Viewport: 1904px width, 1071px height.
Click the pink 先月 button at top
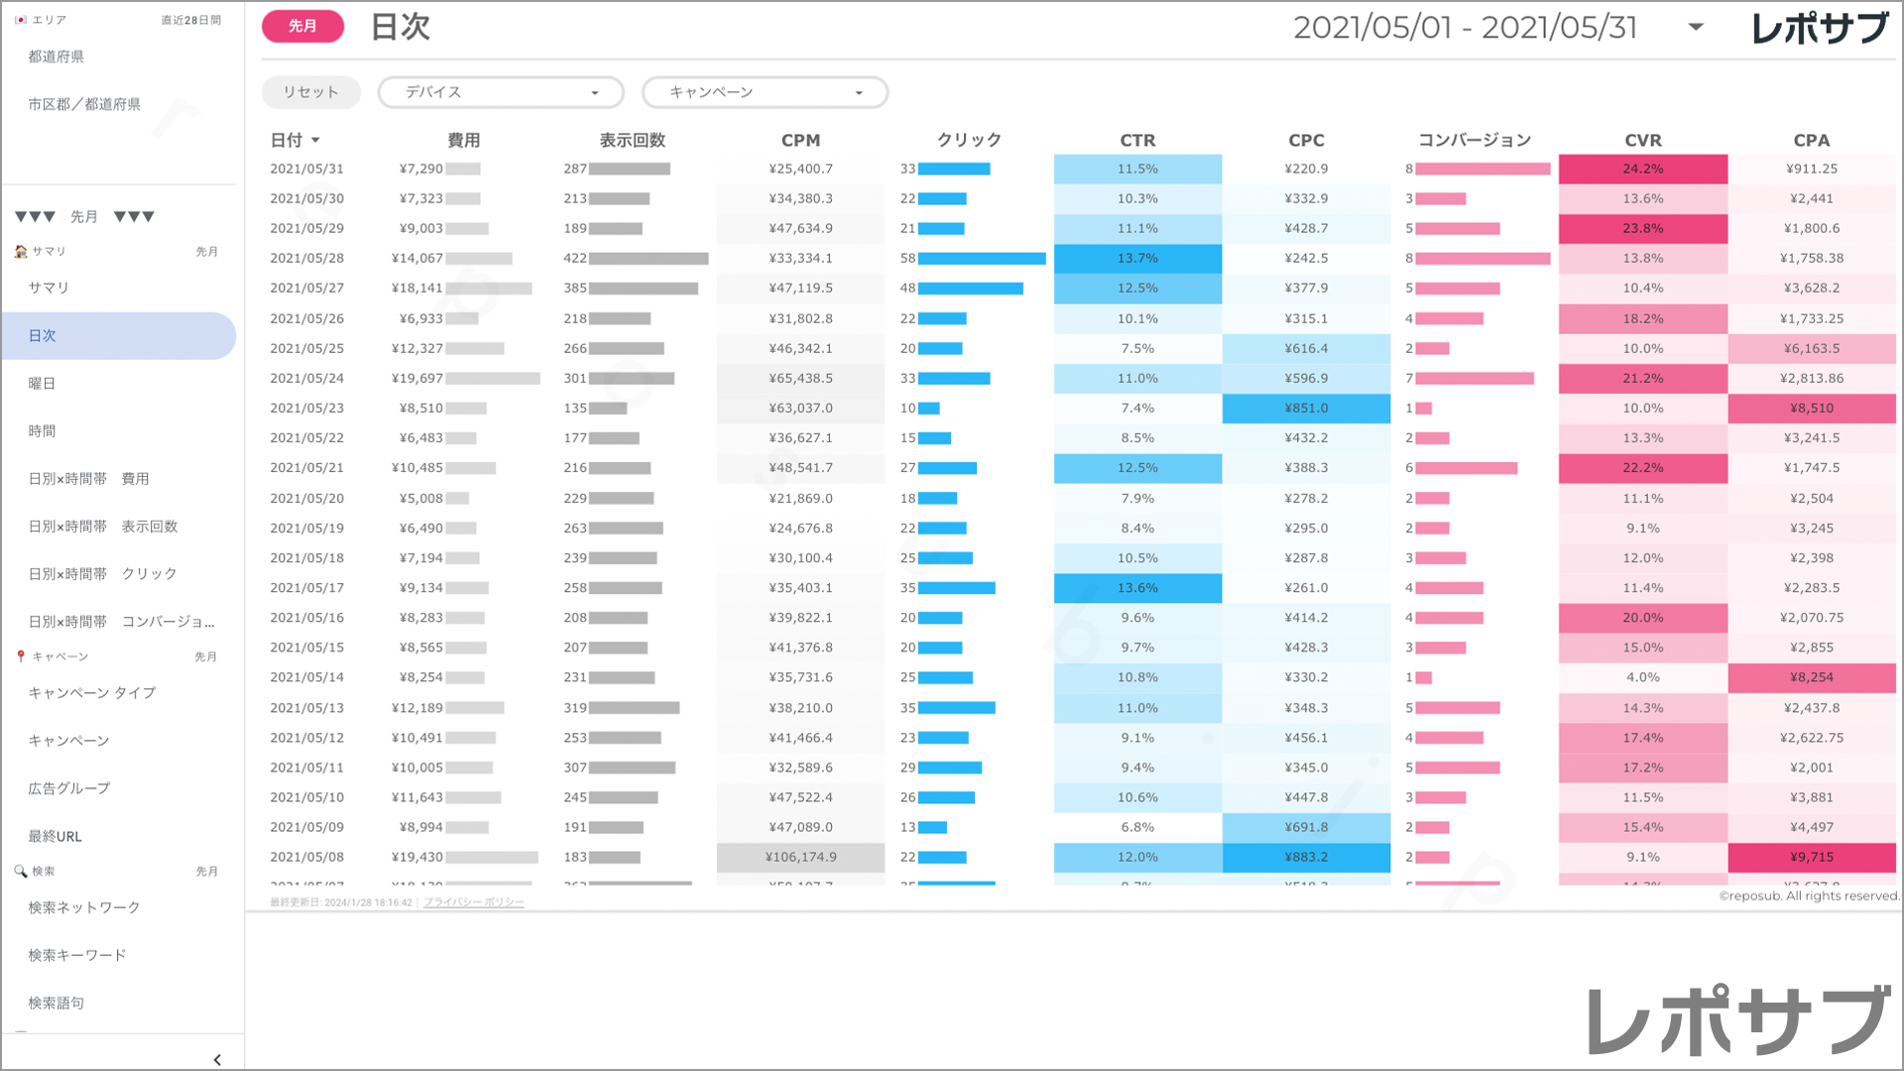tap(302, 27)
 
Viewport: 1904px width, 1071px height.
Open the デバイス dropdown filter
tap(501, 92)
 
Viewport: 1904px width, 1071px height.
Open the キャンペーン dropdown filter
tap(765, 92)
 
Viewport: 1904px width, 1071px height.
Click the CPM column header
tap(800, 141)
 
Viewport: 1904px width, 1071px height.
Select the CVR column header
tap(1642, 141)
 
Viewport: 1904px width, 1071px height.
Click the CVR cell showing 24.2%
tap(1642, 170)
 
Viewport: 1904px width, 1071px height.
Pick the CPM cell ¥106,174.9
tap(800, 858)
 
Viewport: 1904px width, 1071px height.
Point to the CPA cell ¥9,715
tap(1811, 858)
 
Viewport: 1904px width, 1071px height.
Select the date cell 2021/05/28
tap(306, 259)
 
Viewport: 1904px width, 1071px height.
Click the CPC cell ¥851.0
tap(1306, 409)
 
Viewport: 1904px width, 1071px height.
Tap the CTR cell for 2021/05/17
tap(1137, 589)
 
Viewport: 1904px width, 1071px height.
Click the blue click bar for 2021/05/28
tap(981, 259)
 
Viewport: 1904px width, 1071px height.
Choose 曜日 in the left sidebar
tap(42, 384)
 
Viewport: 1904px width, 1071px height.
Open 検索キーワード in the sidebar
tap(77, 955)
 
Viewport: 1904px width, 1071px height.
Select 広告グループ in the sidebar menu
tap(69, 788)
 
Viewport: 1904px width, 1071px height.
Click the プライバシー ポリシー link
tap(474, 902)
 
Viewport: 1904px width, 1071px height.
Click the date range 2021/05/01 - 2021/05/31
tap(1465, 28)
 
